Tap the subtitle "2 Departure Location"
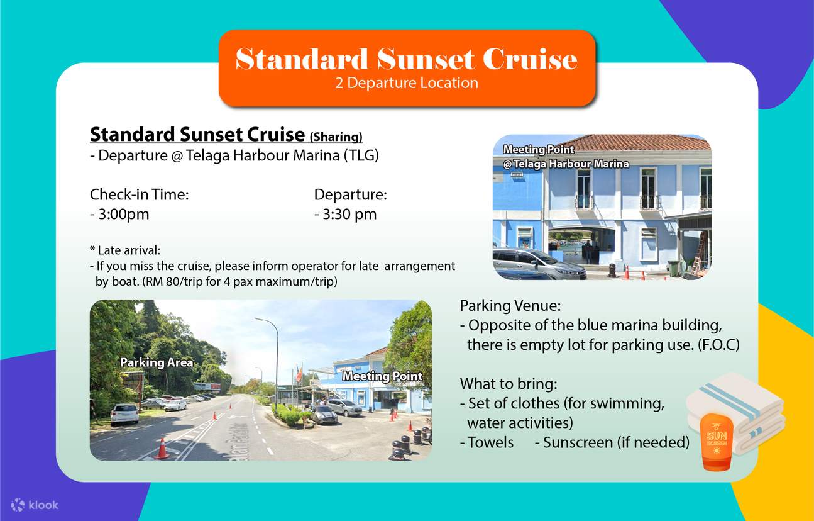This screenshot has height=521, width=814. [x=406, y=83]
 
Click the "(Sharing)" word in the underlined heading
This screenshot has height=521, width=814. [x=336, y=137]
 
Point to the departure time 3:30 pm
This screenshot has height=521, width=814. [x=345, y=214]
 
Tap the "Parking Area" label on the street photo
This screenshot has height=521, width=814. [x=157, y=362]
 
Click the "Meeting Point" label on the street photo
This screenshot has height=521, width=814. [x=382, y=376]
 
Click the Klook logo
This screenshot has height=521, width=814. [x=35, y=504]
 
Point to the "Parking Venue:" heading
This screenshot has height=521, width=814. [x=510, y=306]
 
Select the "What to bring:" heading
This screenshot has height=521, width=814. [x=509, y=384]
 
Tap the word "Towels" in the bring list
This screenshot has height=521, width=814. [x=490, y=442]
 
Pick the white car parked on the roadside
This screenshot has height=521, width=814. [x=124, y=413]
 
